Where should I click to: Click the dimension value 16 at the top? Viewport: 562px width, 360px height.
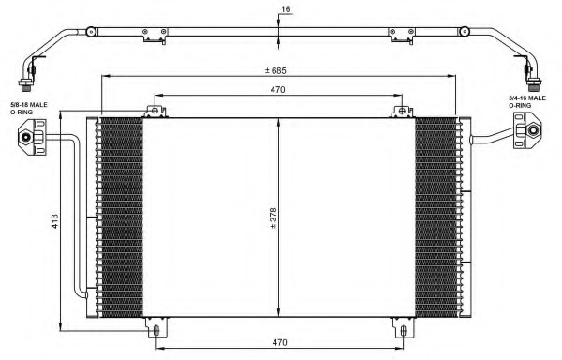[x=286, y=9]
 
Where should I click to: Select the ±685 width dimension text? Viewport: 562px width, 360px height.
[x=275, y=70]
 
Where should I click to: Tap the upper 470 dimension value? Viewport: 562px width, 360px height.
[x=278, y=90]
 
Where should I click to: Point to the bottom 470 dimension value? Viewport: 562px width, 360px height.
[x=279, y=343]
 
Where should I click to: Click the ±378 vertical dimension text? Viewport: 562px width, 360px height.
[x=274, y=218]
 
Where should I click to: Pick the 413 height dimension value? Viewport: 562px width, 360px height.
[x=54, y=221]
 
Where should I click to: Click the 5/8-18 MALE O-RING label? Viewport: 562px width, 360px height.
[x=29, y=109]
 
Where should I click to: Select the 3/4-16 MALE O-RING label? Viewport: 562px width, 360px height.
[x=527, y=101]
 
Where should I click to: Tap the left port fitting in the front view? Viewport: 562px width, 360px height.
[x=32, y=137]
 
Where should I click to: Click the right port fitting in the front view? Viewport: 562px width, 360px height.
[x=527, y=129]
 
